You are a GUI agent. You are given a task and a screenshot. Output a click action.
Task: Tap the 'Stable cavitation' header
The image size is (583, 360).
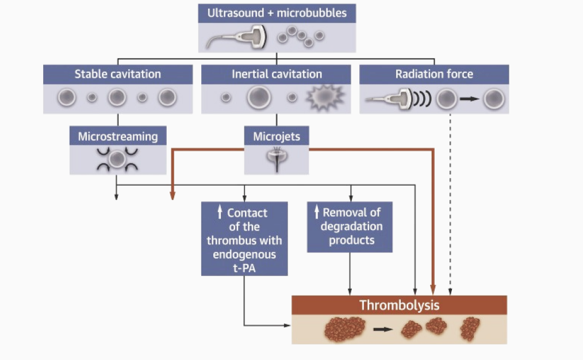[118, 74]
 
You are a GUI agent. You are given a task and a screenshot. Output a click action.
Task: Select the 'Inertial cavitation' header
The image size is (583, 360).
[276, 74]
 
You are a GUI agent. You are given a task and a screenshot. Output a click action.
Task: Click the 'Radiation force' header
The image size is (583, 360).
[434, 74]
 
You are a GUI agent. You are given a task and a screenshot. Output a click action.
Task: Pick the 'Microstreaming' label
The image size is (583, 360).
[118, 136]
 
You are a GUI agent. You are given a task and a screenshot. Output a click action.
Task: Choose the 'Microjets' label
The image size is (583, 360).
[276, 136]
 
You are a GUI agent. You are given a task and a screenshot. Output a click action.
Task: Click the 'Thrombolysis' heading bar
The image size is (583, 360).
[399, 305]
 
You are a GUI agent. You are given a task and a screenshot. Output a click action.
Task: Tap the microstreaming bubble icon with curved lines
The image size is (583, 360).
[118, 159]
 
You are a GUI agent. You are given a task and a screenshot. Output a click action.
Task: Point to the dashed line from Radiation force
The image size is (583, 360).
[450, 201]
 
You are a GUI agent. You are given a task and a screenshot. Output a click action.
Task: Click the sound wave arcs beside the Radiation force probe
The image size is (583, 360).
[422, 99]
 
